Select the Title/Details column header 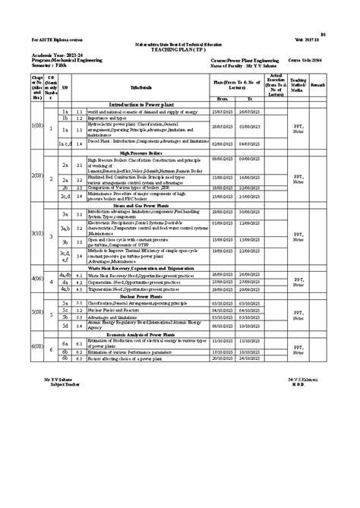[141, 88]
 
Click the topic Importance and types [106, 118]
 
